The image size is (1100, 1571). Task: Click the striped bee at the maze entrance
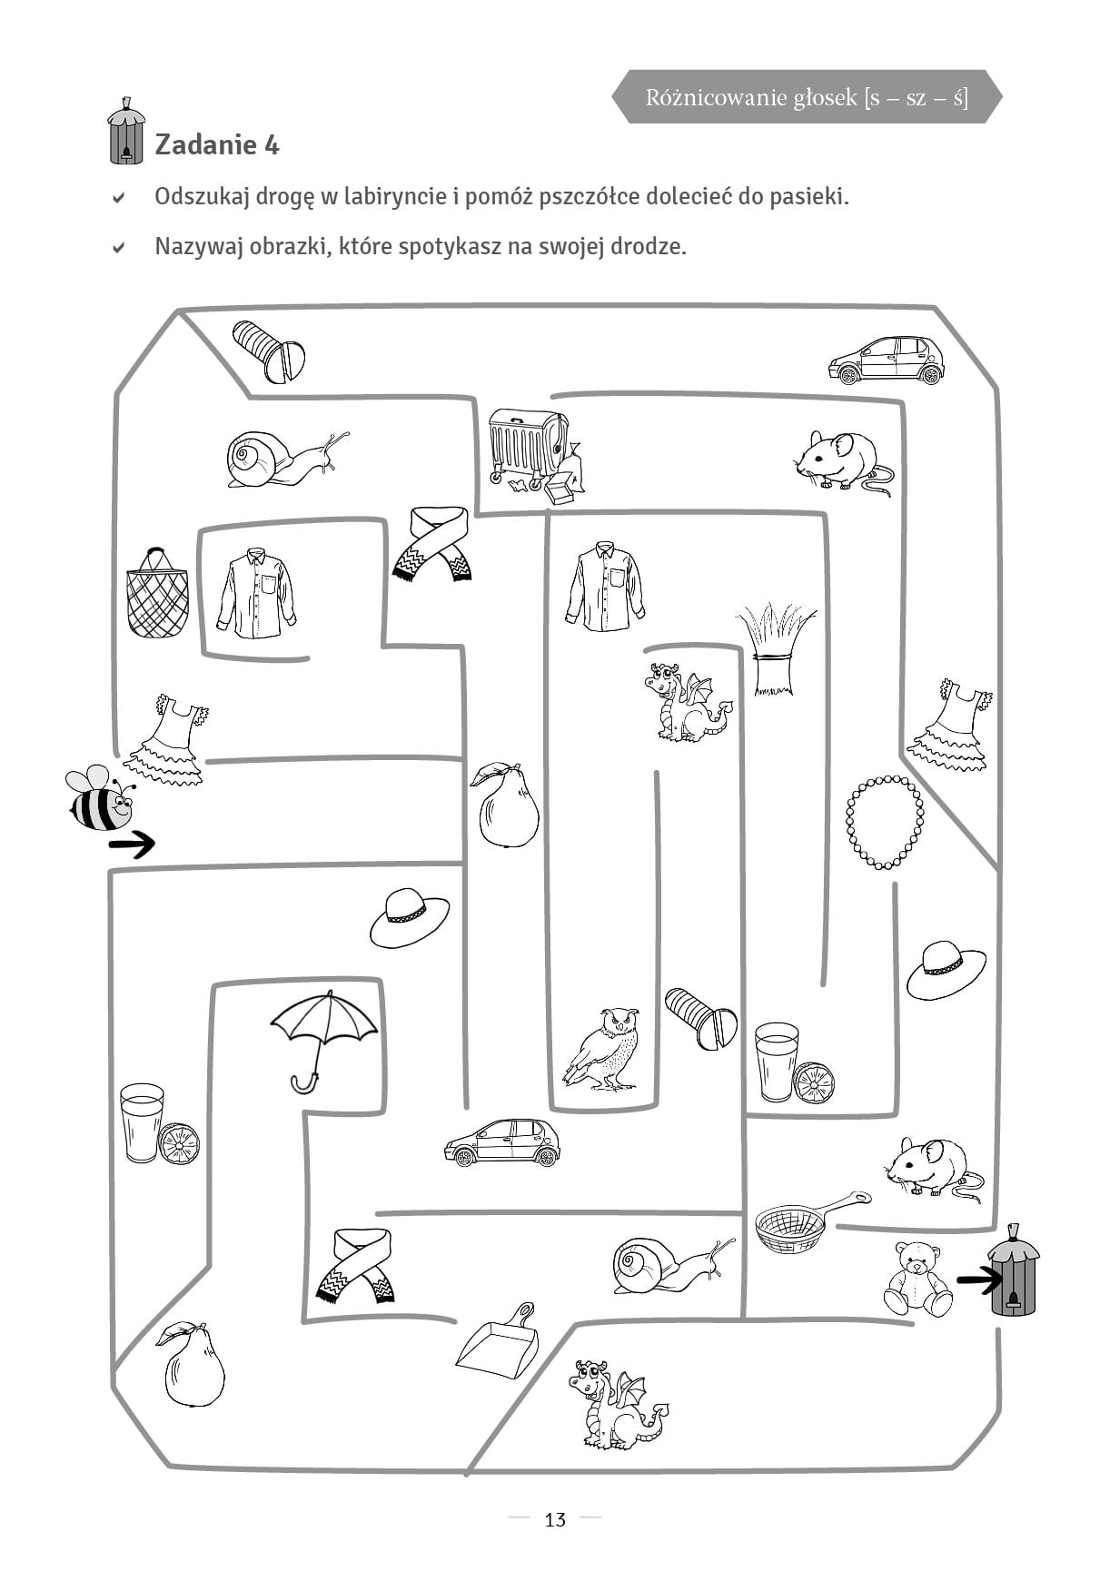pyautogui.click(x=100, y=798)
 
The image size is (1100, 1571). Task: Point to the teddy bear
pyautogui.click(x=917, y=1279)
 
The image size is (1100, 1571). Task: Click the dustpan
pyautogui.click(x=497, y=1340)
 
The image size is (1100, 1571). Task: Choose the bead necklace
pyautogui.click(x=885, y=822)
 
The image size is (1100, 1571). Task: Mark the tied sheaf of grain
pyautogui.click(x=775, y=648)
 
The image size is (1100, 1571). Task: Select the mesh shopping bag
pyautogui.click(x=157, y=592)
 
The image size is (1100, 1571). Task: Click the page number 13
pyautogui.click(x=555, y=1520)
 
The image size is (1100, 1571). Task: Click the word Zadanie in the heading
pyautogui.click(x=205, y=144)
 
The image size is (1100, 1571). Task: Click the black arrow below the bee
pyautogui.click(x=132, y=845)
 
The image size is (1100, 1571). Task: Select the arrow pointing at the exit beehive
pyautogui.click(x=980, y=1280)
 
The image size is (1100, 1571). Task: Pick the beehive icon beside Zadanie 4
pyautogui.click(x=125, y=132)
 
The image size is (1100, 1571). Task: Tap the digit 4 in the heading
pyautogui.click(x=272, y=144)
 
